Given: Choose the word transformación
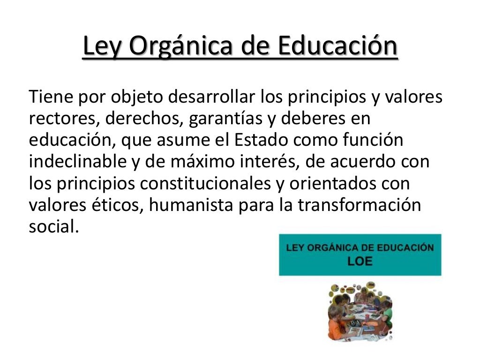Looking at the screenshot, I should [360, 205].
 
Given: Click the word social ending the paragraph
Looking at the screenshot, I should [51, 227].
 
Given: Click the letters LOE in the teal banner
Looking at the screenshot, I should [360, 261].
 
